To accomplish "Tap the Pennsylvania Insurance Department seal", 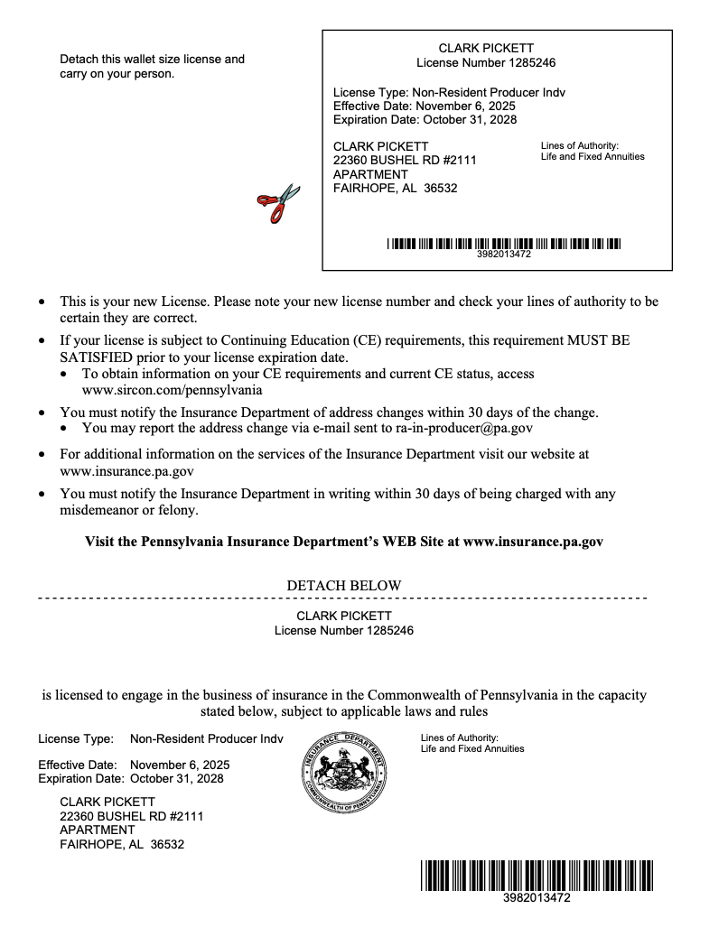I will [x=343, y=770].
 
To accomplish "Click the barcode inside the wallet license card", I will [x=504, y=244].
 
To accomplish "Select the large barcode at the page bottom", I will [x=537, y=876].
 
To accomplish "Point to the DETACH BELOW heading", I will [x=343, y=586].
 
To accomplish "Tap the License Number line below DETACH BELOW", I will [x=343, y=631].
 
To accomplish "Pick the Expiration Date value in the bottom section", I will [x=177, y=778].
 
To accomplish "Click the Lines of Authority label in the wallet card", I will [x=579, y=145].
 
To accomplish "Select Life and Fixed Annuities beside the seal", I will [x=472, y=748].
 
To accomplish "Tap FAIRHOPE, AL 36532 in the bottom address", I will [x=122, y=845].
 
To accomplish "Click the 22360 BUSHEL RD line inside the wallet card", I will [x=404, y=160].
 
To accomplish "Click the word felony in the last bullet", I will [x=177, y=510].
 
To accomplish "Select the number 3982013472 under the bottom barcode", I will [x=537, y=898].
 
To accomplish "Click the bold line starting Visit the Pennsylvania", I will [x=343, y=542].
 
